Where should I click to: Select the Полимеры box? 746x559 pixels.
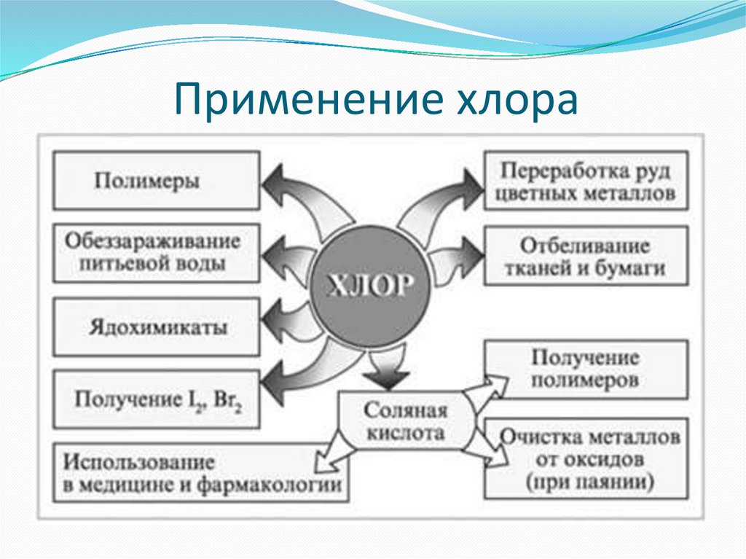tap(156, 180)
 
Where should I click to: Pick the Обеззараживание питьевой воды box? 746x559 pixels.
tap(156, 252)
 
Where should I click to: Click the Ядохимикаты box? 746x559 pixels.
tap(156, 327)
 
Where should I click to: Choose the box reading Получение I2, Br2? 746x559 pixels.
tap(156, 400)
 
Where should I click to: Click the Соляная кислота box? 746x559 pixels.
tap(405, 422)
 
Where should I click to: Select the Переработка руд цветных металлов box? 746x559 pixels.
tap(586, 182)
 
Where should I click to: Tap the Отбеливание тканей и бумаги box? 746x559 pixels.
tap(586, 256)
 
